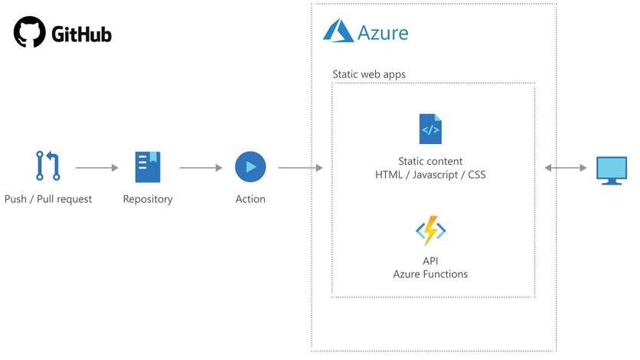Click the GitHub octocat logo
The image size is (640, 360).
[30, 33]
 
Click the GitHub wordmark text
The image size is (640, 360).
[81, 34]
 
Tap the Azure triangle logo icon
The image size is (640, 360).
[338, 31]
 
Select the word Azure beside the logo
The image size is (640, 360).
[383, 33]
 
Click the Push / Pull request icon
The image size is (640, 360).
[47, 166]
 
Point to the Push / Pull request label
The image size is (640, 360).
[48, 199]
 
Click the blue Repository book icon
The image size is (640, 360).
[148, 167]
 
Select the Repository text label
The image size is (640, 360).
[148, 199]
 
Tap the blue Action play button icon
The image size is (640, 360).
[250, 166]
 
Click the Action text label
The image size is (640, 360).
[250, 199]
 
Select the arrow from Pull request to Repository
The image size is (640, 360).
[97, 167]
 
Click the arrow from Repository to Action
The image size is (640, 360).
[201, 167]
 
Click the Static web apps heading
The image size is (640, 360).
[369, 74]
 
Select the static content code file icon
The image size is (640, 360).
[430, 129]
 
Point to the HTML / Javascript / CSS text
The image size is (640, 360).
[430, 175]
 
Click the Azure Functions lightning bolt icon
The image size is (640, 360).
[430, 230]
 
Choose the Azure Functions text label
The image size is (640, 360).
[430, 274]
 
